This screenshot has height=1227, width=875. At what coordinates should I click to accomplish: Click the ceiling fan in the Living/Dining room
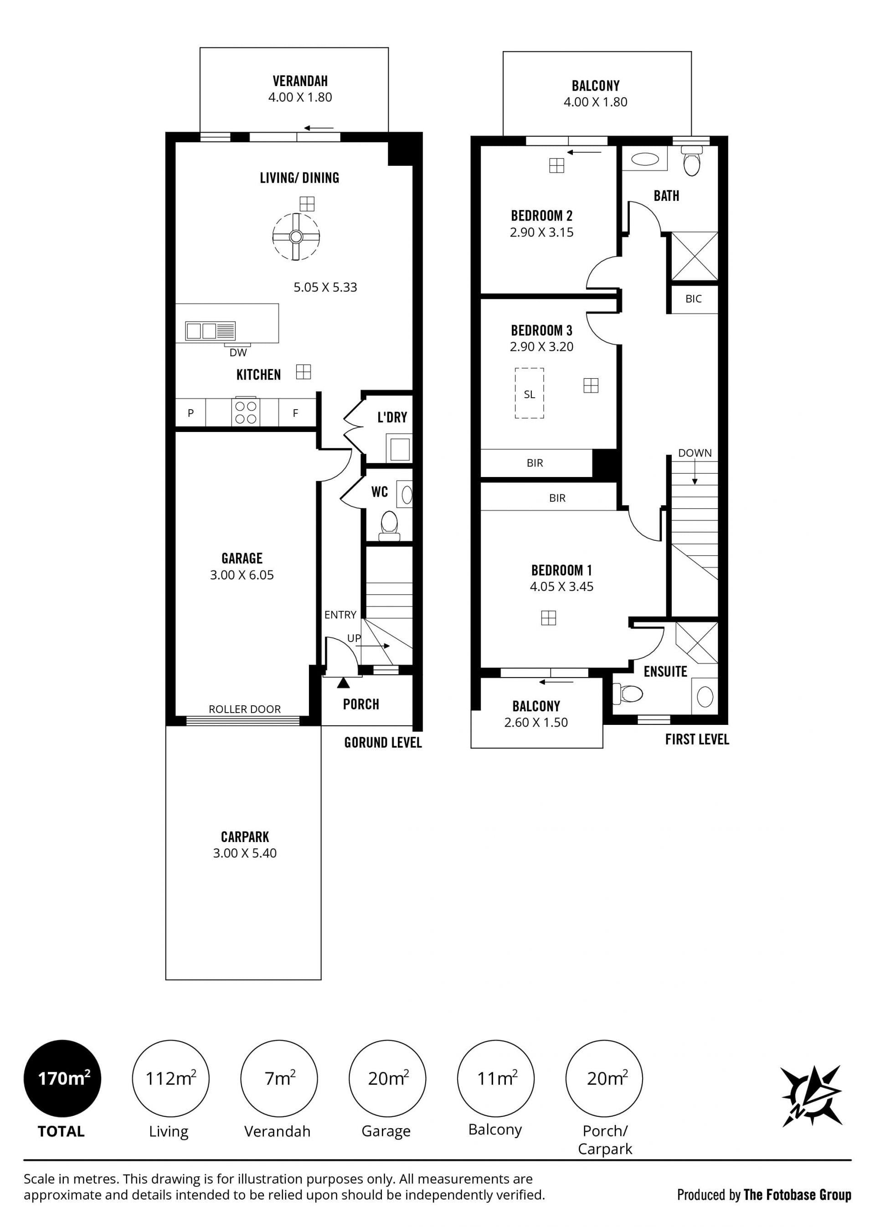pyautogui.click(x=296, y=236)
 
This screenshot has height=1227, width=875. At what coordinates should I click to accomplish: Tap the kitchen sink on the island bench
pyautogui.click(x=210, y=331)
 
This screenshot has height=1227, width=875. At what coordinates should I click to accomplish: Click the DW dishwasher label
pyautogui.click(x=238, y=353)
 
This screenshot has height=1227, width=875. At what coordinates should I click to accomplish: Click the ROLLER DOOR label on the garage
pyautogui.click(x=245, y=709)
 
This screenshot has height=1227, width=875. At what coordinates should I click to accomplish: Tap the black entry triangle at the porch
pyautogui.click(x=343, y=683)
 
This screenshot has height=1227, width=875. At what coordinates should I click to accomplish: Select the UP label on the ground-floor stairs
pyautogui.click(x=354, y=638)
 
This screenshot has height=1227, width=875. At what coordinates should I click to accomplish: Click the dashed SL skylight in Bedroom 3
pyautogui.click(x=529, y=393)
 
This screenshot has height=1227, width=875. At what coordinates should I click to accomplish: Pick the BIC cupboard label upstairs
pyautogui.click(x=694, y=299)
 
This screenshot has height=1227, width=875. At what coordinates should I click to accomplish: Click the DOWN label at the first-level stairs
pyautogui.click(x=695, y=453)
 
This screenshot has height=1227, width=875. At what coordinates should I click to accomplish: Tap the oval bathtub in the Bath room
pyautogui.click(x=645, y=159)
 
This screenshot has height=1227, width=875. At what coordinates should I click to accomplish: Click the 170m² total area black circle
pyautogui.click(x=62, y=1078)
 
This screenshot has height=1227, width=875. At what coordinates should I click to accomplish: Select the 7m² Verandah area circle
pyautogui.click(x=278, y=1078)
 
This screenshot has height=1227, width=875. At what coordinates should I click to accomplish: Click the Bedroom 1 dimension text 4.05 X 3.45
pyautogui.click(x=561, y=586)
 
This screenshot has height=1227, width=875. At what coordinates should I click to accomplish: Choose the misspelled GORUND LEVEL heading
pyautogui.click(x=383, y=743)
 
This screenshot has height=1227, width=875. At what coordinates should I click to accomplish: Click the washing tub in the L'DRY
pyautogui.click(x=399, y=449)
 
